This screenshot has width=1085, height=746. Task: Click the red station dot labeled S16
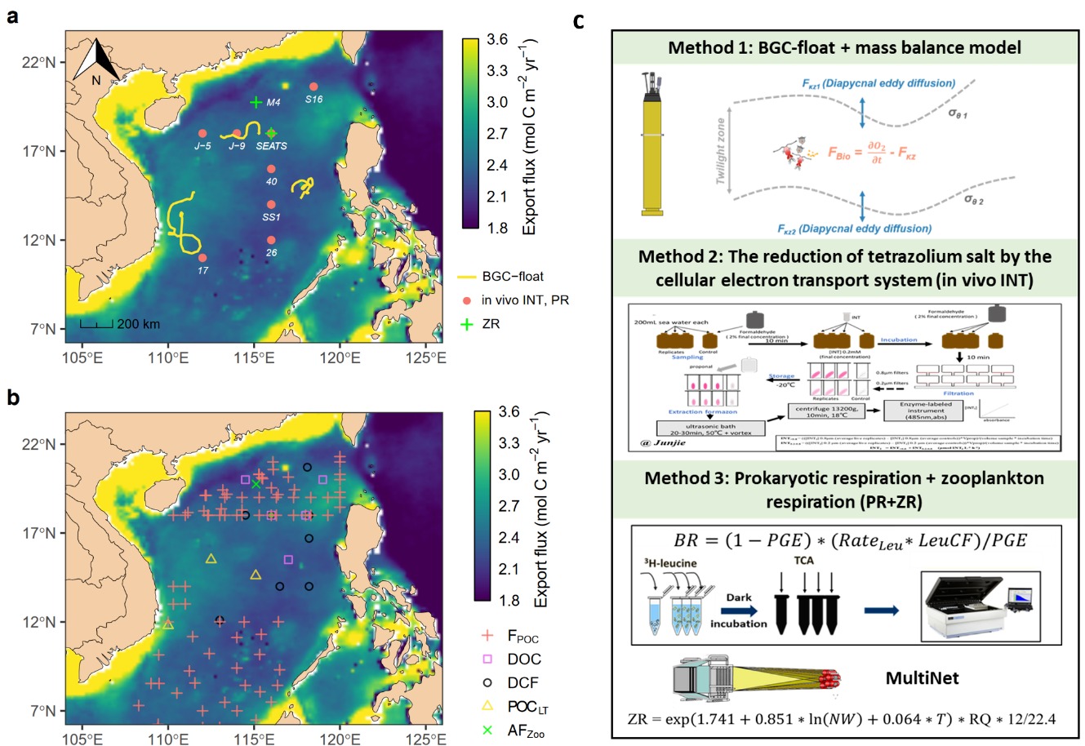314,87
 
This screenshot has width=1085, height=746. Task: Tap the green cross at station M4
256,102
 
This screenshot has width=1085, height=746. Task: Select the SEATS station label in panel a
272,146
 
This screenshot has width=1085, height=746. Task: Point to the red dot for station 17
202,258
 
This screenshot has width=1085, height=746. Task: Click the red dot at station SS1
271,205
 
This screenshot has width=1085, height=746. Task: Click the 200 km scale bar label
138,324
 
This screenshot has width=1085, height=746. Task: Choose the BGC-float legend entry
512,277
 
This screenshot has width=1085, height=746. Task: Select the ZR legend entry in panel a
490,324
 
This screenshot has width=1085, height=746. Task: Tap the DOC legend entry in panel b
523,659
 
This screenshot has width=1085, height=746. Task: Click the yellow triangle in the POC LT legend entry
487,707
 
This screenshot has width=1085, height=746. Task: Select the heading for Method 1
844,47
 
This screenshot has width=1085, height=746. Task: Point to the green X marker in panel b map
256,485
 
